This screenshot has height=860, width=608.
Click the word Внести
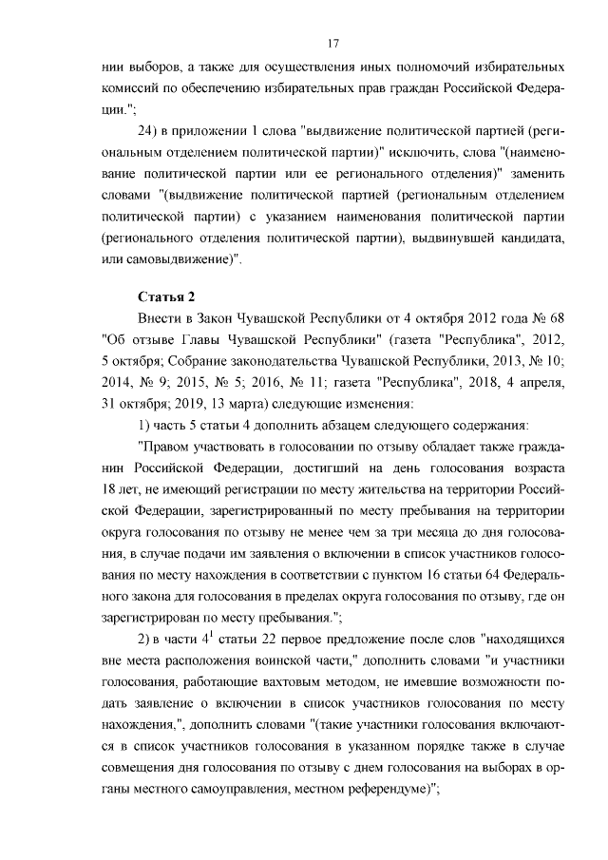pyautogui.click(x=160, y=320)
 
